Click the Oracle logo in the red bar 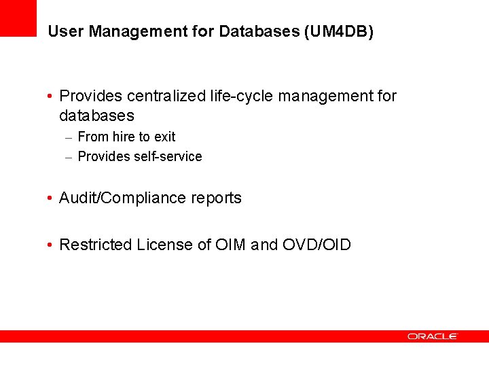coord(433,336)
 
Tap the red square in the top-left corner coord(18,18)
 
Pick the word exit coord(165,137)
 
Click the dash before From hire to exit coord(69,137)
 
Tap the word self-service coord(168,156)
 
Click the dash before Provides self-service coord(69,157)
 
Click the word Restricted coord(96,245)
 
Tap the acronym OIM coord(231,245)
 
